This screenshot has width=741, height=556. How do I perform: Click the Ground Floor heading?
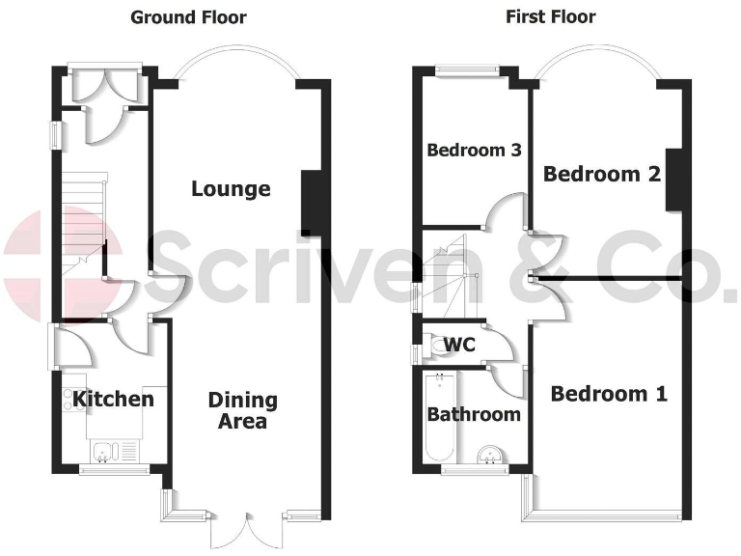pyautogui.click(x=188, y=17)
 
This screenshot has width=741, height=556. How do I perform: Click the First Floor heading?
pyautogui.click(x=551, y=17)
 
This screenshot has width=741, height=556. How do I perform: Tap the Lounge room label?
pyautogui.click(x=230, y=188)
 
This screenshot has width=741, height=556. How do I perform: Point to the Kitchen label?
pyautogui.click(x=113, y=399)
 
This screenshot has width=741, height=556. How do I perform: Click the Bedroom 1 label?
pyautogui.click(x=609, y=394)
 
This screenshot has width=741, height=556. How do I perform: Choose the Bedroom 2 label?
pyautogui.click(x=602, y=174)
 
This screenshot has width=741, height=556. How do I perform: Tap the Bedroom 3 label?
pyautogui.click(x=474, y=151)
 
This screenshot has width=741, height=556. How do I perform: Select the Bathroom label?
pyautogui.click(x=474, y=414)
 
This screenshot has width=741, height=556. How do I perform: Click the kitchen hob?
pyautogui.click(x=73, y=400)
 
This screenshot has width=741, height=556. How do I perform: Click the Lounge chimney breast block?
pyautogui.click(x=312, y=203)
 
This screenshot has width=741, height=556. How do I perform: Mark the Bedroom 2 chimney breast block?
pyautogui.click(x=675, y=179)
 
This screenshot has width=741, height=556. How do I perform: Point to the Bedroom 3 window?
pyautogui.click(x=466, y=69)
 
